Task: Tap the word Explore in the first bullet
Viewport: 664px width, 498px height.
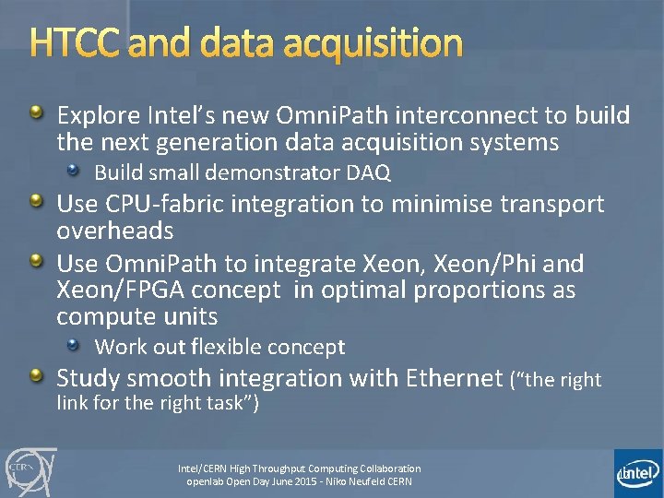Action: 98,116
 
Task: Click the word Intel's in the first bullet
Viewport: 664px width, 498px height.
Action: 182,116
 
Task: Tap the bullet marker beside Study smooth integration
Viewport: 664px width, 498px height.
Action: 36,376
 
